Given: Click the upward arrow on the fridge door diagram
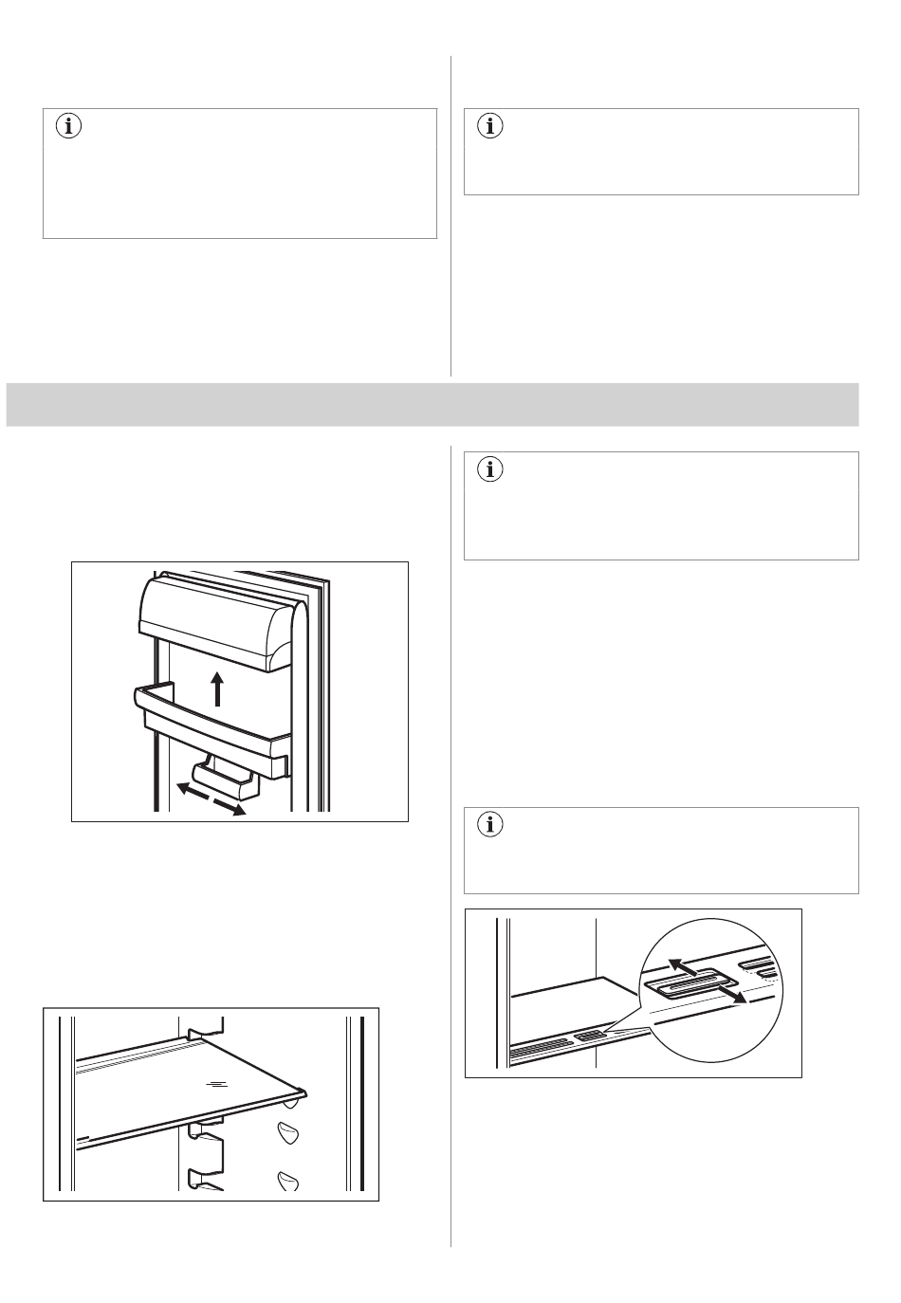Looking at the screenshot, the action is click(x=218, y=688).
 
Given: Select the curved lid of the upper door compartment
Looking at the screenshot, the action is click(x=213, y=621).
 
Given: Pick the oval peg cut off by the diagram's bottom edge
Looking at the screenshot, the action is click(x=288, y=1181).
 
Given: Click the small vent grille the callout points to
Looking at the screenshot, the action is click(x=591, y=1037).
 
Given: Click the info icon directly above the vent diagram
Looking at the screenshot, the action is click(x=490, y=825).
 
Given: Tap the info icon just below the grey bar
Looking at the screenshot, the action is click(x=490, y=468).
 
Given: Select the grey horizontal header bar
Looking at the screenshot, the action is click(x=432, y=405).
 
